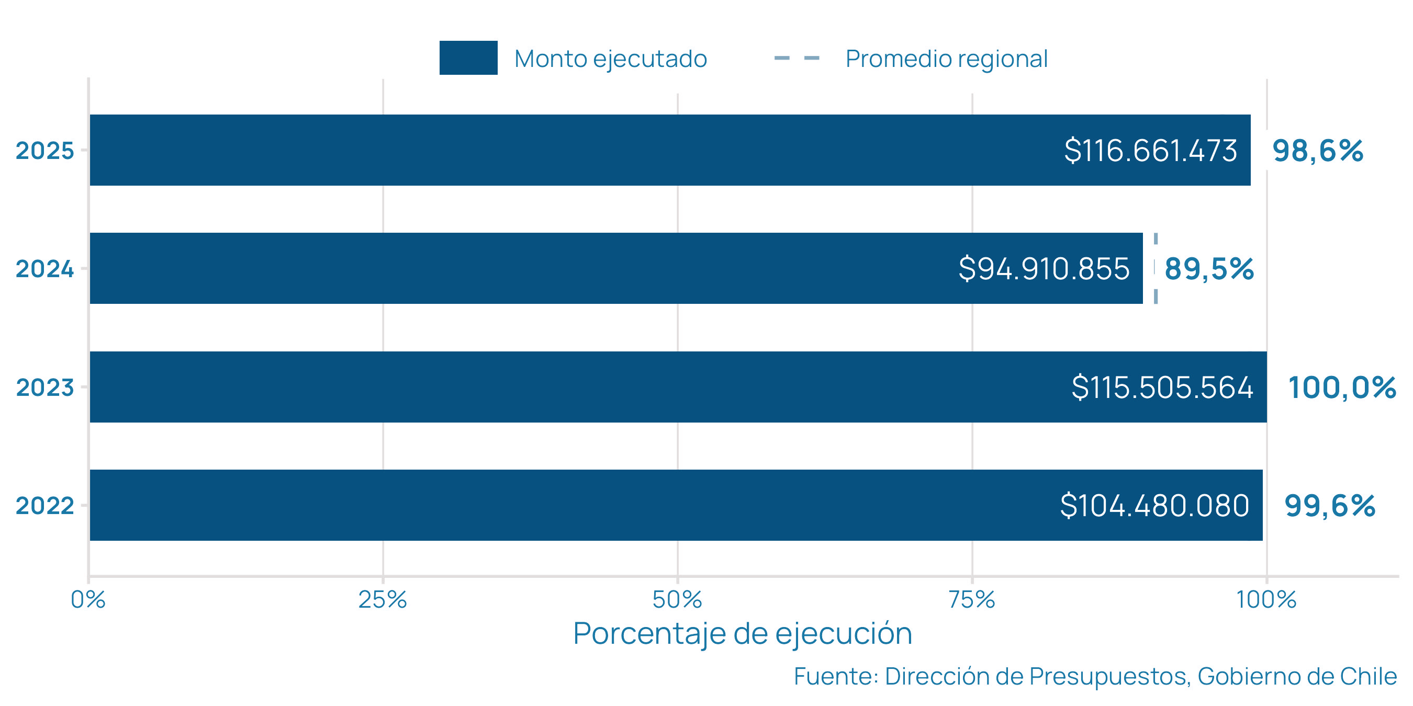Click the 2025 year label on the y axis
point(44,150)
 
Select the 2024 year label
point(44,269)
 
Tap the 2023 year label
point(44,387)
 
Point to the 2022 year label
point(44,505)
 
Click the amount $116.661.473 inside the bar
point(1150,150)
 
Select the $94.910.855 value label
point(1044,269)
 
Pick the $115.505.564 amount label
point(1162,387)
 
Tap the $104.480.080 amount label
point(1154,505)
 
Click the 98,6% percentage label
point(1318,150)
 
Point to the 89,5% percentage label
point(1209,269)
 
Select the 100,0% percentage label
point(1342,387)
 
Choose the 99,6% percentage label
point(1330,505)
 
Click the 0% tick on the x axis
point(88,600)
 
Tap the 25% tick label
point(383,600)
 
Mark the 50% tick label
point(677,600)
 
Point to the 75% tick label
point(971,600)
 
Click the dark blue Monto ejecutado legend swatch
point(468,58)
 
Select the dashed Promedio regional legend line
point(797,58)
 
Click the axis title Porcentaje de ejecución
point(742,634)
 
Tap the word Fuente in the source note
point(835,676)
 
